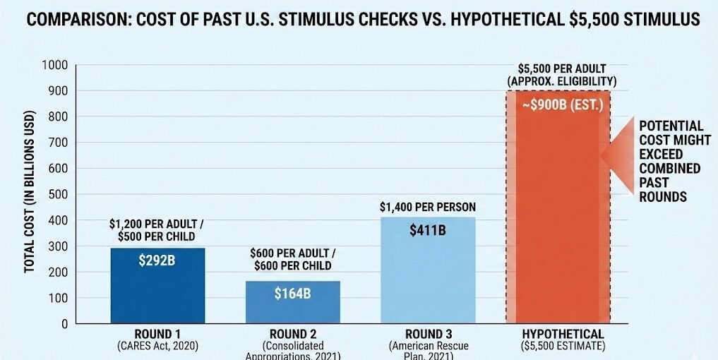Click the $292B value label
pyautogui.click(x=157, y=260)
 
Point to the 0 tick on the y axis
pyautogui.click(x=64, y=324)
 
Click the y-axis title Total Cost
pyautogui.click(x=30, y=191)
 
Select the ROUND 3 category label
pyautogui.click(x=427, y=334)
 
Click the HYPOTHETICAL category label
pyautogui.click(x=563, y=334)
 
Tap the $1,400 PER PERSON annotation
pyautogui.click(x=427, y=207)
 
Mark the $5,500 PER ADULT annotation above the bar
pyautogui.click(x=561, y=69)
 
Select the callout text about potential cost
pyautogui.click(x=674, y=160)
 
